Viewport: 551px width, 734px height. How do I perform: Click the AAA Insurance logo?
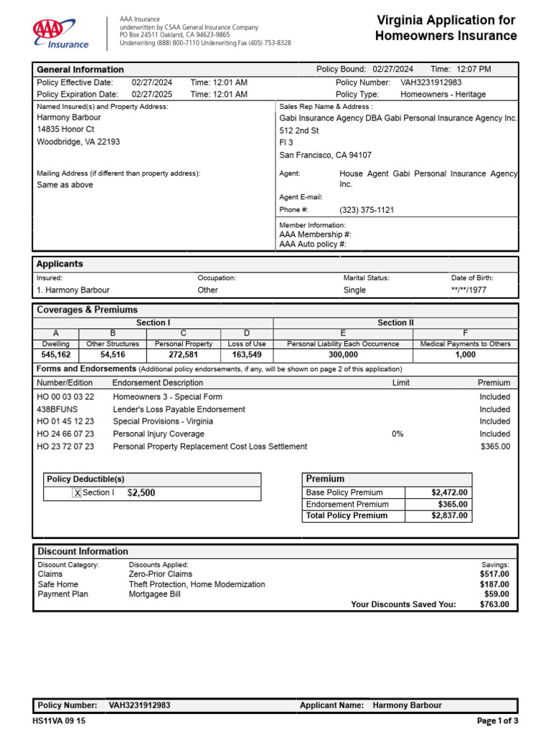[60, 34]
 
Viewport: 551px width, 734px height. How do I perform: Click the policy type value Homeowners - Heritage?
[443, 95]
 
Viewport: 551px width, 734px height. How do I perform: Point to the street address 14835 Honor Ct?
[65, 130]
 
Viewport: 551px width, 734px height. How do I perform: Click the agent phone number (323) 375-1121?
[367, 211]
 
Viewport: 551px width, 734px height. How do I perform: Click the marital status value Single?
[354, 290]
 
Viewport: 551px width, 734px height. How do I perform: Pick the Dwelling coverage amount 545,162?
[56, 355]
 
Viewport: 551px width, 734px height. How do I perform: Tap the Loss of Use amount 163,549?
[247, 355]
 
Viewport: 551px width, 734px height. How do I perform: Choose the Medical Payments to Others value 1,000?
[465, 355]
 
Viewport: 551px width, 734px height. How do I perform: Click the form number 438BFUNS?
[60, 409]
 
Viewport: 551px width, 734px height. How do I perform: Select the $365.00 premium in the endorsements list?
[495, 447]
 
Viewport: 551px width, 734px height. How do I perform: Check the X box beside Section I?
[77, 493]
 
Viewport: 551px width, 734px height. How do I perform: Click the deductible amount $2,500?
[141, 493]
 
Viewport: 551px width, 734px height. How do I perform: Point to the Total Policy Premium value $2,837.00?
[449, 516]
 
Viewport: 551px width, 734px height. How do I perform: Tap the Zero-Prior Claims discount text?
[160, 574]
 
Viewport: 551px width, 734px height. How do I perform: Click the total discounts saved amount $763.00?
[494, 604]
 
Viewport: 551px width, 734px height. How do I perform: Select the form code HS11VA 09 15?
[59, 721]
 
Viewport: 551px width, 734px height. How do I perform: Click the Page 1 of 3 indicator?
[497, 721]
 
